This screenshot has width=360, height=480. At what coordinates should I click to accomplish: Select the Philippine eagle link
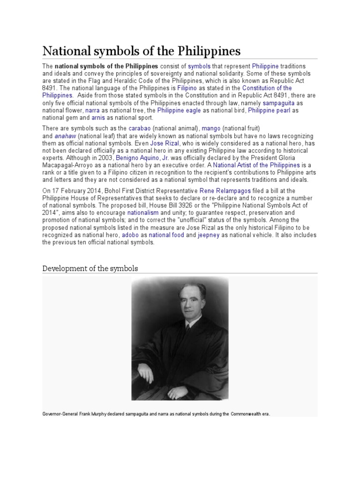coord(179,110)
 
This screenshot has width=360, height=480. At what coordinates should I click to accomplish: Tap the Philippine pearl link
coord(269,110)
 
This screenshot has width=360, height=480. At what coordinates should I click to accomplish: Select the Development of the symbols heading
coord(90,269)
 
